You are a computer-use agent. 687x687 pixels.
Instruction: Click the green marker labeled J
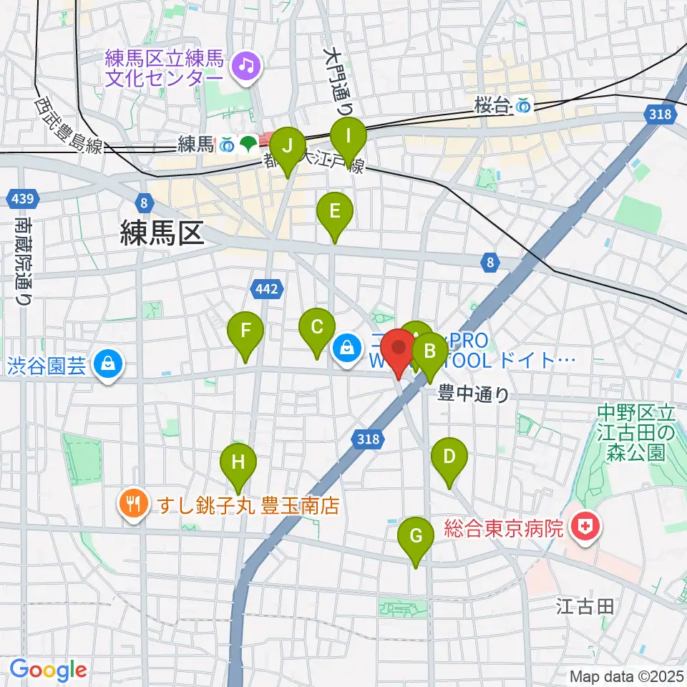click(x=288, y=147)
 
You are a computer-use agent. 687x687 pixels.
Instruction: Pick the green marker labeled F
click(x=245, y=331)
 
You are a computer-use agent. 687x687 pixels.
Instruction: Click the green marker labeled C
click(x=316, y=328)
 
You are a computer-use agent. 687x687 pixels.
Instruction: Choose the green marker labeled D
click(x=449, y=457)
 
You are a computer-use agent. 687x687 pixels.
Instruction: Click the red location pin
click(x=399, y=351)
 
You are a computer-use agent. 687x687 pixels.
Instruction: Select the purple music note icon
click(x=247, y=67)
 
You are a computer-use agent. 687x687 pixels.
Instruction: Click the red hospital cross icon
click(x=585, y=529)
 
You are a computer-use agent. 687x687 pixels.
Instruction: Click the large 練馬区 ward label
click(x=162, y=234)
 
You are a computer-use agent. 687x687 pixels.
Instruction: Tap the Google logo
click(x=48, y=671)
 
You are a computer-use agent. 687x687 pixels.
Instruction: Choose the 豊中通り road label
click(x=474, y=394)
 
